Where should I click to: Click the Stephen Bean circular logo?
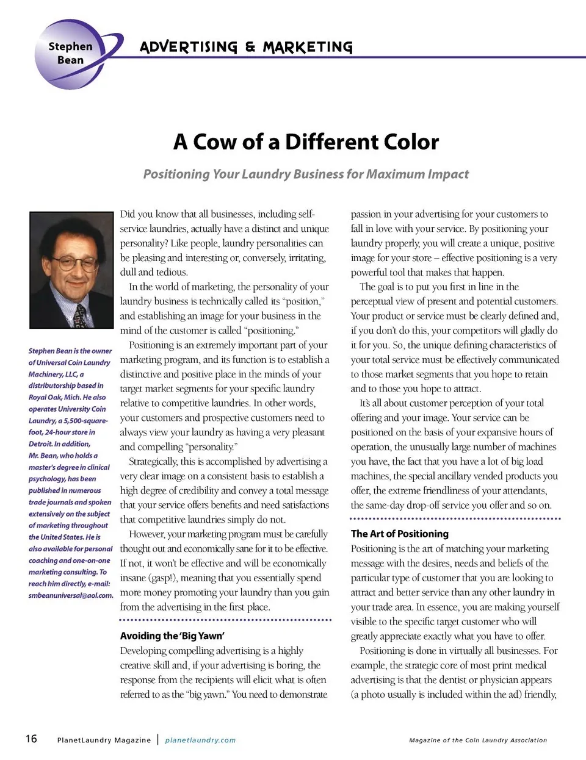tap(72, 54)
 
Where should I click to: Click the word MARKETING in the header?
tap(308, 47)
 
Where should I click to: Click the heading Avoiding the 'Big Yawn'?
tap(172, 636)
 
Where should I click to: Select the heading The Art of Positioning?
tap(399, 534)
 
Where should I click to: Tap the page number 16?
tap(31, 739)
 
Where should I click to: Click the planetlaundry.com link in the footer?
tap(200, 740)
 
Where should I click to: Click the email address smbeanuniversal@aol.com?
tap(71, 595)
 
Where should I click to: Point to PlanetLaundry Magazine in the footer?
tap(104, 740)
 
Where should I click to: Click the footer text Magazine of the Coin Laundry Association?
tap(478, 740)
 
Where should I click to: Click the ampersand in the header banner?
tap(250, 47)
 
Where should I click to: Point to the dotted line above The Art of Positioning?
tap(455, 518)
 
